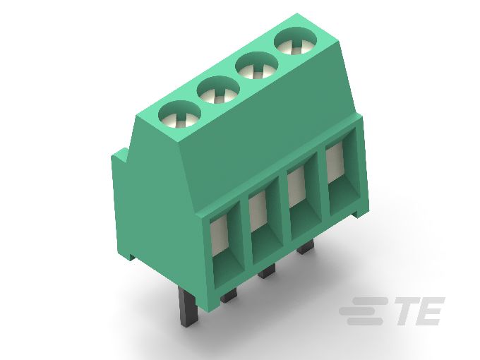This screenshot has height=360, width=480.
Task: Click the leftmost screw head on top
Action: point(176,115)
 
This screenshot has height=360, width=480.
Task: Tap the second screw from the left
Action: point(216,92)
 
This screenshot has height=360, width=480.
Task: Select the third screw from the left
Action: point(255,68)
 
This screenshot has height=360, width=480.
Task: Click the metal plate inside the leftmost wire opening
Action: point(219,238)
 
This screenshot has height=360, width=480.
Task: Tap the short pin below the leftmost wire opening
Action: point(228,296)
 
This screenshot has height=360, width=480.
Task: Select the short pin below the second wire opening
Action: point(266,272)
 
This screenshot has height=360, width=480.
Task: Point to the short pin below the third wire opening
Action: point(305,248)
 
